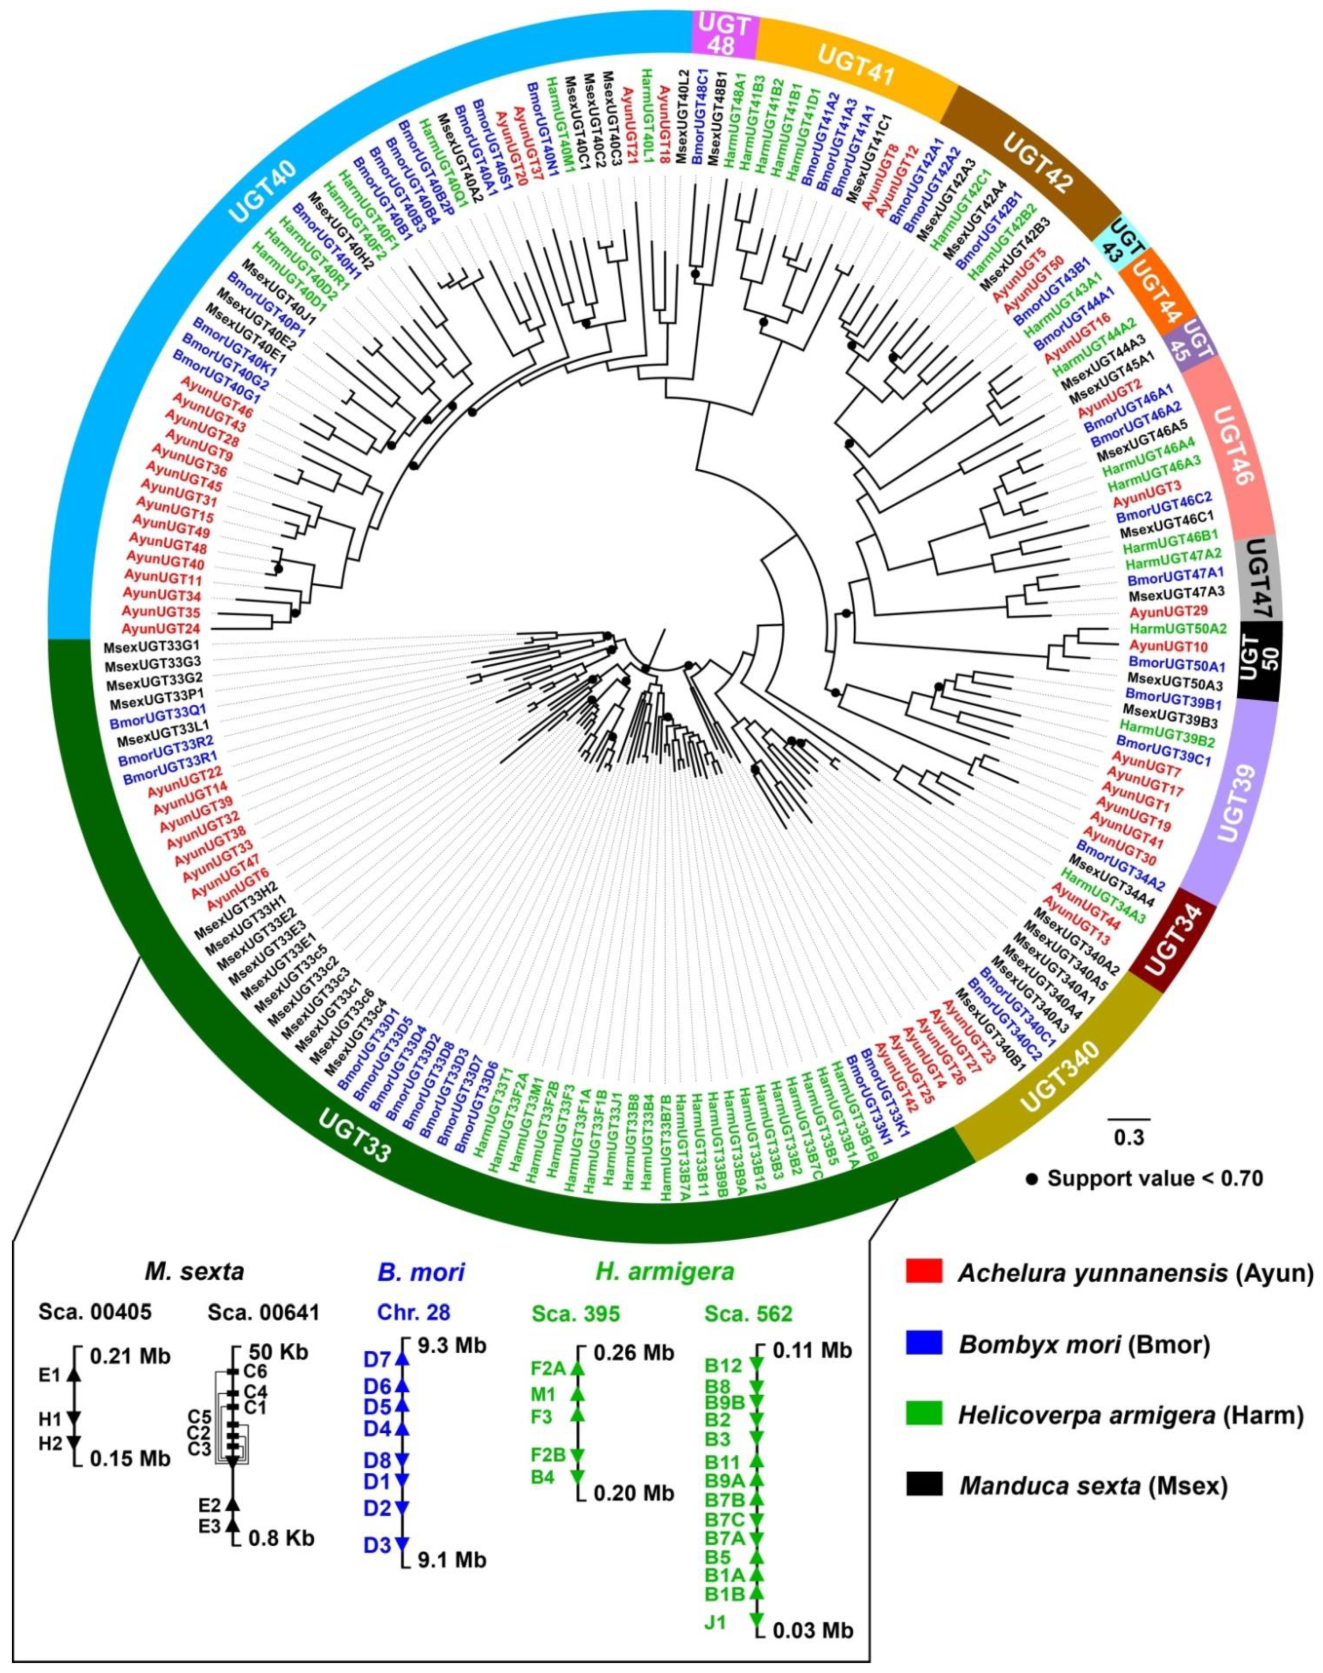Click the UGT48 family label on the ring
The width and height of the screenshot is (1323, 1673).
[722, 35]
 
